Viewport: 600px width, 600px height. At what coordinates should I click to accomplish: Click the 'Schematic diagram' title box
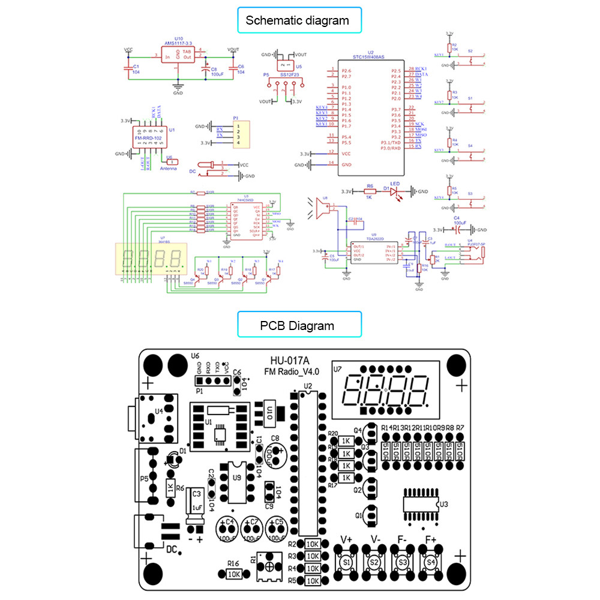pos(297,20)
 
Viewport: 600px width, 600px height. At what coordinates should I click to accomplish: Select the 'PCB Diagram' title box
pos(297,326)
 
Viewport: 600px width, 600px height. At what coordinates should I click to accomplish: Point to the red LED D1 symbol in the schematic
pos(394,192)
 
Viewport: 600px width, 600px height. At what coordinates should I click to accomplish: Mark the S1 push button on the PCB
pos(346,562)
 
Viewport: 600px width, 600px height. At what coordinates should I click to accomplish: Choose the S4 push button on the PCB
pos(430,562)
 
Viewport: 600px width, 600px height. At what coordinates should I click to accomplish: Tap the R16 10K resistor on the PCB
pos(233,574)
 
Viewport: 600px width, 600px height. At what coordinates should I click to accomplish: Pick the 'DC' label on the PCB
pos(171,549)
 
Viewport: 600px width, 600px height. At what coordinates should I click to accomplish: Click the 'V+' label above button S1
pos(347,539)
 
